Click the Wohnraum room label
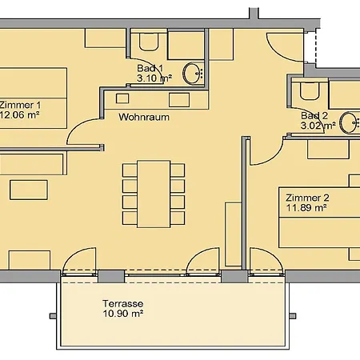144,117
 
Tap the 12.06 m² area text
20,115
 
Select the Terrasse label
123,303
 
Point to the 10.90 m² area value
123,314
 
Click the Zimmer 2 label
307,198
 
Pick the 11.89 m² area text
306,208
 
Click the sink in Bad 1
193,74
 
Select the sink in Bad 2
350,122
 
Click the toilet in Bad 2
310,90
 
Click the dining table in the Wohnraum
154,194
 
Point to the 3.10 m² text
154,78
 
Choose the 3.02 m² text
318,126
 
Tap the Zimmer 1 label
20,105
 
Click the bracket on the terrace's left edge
53,316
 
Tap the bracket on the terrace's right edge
293,316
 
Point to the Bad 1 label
150,68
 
